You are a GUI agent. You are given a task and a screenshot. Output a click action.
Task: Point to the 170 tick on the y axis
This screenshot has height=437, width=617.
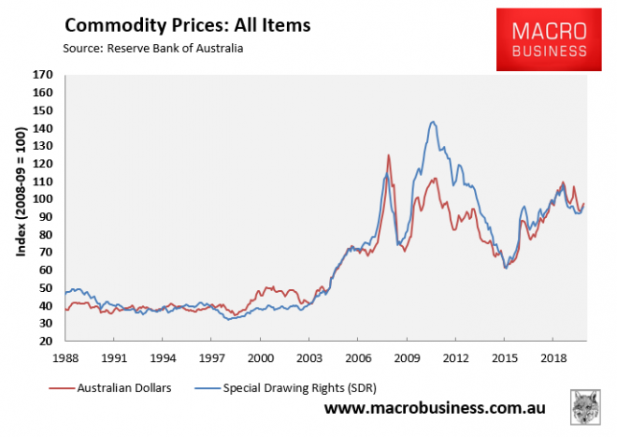43,75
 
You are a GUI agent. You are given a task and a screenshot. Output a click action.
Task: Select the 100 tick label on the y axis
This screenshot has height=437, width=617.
43,200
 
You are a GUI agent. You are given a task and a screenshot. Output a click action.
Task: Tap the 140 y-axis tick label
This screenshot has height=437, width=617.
43,128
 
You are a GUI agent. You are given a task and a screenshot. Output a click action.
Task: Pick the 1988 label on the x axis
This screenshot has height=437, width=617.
65,358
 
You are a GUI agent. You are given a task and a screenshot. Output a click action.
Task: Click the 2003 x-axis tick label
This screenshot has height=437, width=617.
308,358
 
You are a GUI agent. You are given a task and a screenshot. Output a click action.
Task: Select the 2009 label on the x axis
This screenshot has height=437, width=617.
406,358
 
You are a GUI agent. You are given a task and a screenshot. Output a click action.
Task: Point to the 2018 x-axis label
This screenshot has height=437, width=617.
552,358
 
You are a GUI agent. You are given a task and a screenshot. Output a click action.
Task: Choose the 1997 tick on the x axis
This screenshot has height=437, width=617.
211,358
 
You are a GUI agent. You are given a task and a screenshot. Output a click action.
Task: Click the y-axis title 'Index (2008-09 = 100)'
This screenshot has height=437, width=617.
21,208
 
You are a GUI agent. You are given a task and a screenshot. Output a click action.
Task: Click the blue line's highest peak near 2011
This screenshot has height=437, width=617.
432,122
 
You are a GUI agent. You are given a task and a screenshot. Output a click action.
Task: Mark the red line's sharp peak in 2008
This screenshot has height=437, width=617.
388,155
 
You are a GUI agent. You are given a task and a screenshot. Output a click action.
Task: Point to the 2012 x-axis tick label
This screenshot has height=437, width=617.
454,358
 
